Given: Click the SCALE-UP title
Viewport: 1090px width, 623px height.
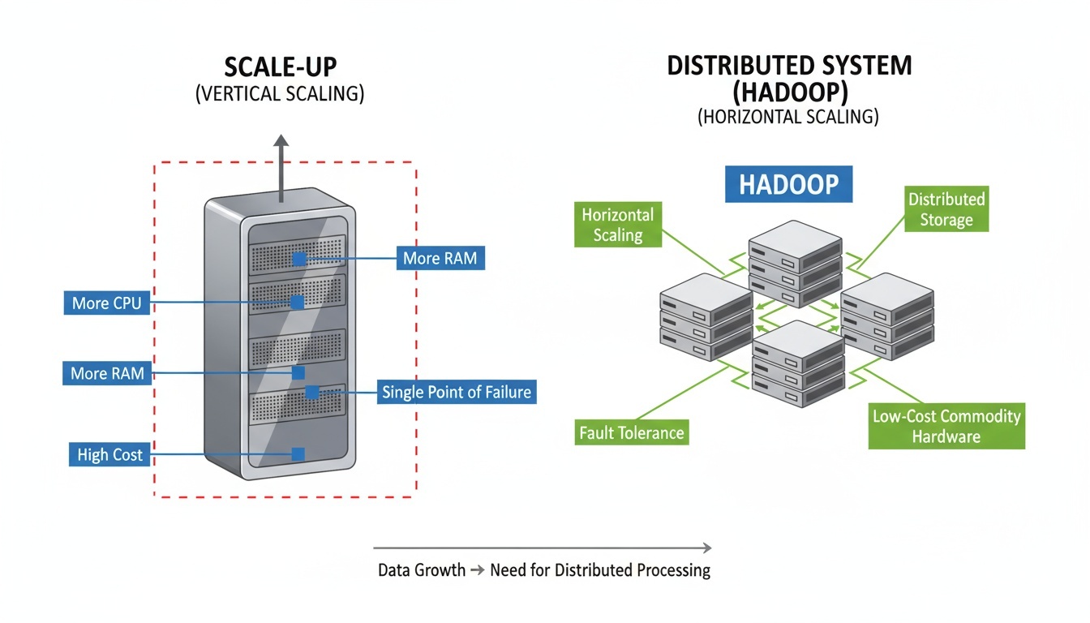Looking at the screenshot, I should [280, 67].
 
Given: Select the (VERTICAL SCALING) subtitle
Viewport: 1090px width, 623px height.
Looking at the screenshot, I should [280, 93].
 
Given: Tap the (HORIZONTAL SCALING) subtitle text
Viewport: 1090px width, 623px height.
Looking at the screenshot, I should [787, 116].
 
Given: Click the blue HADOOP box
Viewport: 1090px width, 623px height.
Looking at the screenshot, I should [789, 185].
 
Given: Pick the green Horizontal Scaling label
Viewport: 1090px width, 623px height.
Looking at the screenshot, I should [617, 225].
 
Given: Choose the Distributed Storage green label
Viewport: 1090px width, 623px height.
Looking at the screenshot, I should [946, 209].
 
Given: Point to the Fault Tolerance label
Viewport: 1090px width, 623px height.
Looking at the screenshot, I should [632, 432].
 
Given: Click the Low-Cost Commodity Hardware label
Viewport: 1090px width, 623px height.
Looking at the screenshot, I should [946, 427].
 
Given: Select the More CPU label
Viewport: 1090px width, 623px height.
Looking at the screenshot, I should [107, 303].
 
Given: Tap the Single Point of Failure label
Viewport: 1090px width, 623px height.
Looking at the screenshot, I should [457, 393].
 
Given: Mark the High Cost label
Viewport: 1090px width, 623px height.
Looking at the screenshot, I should [109, 454].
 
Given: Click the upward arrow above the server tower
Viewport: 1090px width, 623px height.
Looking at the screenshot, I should [281, 146].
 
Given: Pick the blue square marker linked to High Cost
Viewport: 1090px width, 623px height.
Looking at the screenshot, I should [298, 454].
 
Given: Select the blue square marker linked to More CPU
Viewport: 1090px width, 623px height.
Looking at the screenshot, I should [298, 302].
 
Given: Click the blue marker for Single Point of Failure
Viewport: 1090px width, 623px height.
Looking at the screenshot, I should [312, 393].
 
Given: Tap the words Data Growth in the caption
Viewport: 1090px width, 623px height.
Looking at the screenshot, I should [421, 570].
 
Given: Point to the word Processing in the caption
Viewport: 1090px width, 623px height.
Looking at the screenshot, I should [672, 570].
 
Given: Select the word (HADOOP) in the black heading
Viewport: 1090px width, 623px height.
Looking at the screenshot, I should [789, 92].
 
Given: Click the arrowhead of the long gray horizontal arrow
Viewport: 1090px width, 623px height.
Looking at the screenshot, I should [707, 548].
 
